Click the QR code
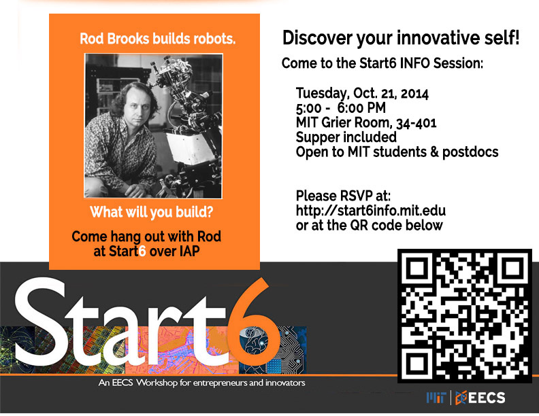coord(464,316)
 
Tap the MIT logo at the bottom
coord(436,398)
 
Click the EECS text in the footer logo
coord(487,398)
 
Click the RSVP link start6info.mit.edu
coord(370,211)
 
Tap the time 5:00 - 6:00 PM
coord(341,108)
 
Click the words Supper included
coord(346,137)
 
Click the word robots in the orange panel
coord(214,39)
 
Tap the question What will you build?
coord(152,212)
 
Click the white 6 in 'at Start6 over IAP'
coord(142,252)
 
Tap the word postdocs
coord(470,152)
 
